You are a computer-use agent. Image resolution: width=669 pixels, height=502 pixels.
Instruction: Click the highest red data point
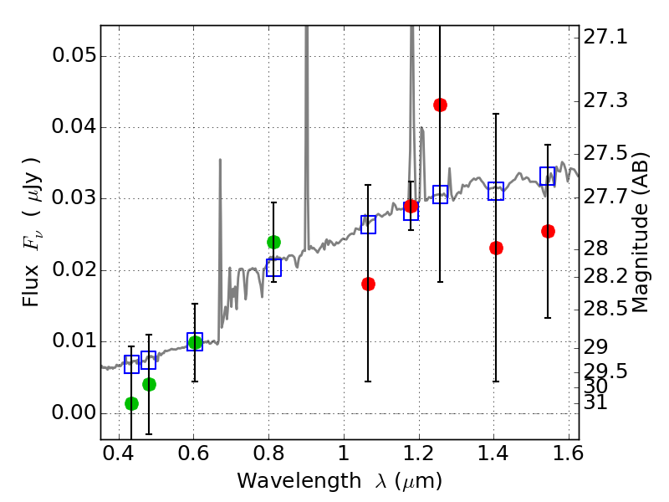(x=440, y=105)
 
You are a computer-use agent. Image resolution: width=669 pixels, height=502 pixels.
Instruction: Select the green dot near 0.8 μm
(x=273, y=242)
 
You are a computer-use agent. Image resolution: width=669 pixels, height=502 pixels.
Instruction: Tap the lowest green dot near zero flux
(x=131, y=403)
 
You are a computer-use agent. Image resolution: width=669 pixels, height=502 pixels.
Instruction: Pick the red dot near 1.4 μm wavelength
(x=496, y=248)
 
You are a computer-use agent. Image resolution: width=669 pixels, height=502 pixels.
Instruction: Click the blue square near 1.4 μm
(x=496, y=191)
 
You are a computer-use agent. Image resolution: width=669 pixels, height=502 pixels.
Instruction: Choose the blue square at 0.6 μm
(x=195, y=341)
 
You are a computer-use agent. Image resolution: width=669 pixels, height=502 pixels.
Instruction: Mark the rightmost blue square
(x=548, y=176)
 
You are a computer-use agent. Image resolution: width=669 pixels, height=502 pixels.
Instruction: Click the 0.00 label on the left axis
(x=73, y=413)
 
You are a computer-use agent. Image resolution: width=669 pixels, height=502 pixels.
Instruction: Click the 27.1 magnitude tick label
(x=605, y=37)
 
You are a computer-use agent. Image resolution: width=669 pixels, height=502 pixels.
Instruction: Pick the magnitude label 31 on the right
(x=595, y=403)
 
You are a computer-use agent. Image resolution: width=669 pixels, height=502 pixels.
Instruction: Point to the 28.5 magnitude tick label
(x=605, y=310)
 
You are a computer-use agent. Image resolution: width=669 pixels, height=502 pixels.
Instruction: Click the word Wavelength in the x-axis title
(x=283, y=481)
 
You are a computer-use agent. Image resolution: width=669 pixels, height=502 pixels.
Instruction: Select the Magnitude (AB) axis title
(x=641, y=233)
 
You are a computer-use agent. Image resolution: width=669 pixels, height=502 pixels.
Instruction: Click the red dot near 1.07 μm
(x=368, y=284)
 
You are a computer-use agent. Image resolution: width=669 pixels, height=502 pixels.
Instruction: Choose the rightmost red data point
(x=548, y=231)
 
